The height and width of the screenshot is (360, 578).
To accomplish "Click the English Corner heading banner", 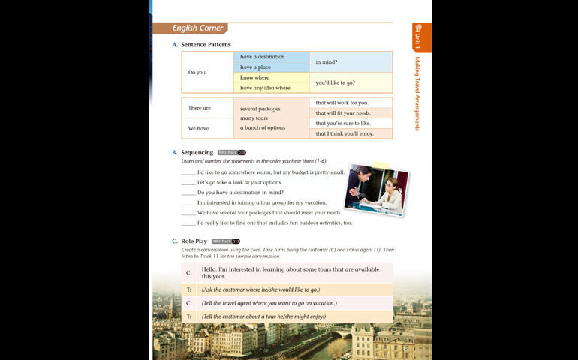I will (198, 28).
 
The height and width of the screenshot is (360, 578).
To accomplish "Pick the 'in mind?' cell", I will (351, 62).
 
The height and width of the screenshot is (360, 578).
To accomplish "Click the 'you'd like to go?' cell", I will (351, 82).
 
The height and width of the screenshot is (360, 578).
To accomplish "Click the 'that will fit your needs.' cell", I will (351, 113).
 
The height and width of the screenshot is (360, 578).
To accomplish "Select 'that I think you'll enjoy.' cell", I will (351, 133).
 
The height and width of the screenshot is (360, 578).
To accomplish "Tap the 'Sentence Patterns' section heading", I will (206, 45).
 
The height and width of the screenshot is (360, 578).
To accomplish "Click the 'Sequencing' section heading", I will (197, 152).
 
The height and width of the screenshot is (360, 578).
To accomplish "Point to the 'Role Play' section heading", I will (194, 241).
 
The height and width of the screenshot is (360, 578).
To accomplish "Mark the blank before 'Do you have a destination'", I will (188, 193).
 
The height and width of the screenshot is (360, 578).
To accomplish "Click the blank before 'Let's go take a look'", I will (188, 182).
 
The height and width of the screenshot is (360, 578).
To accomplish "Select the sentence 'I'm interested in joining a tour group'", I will (262, 202).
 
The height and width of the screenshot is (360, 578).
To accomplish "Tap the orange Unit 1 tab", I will (421, 37).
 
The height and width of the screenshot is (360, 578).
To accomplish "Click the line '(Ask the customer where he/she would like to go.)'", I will (261, 289).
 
